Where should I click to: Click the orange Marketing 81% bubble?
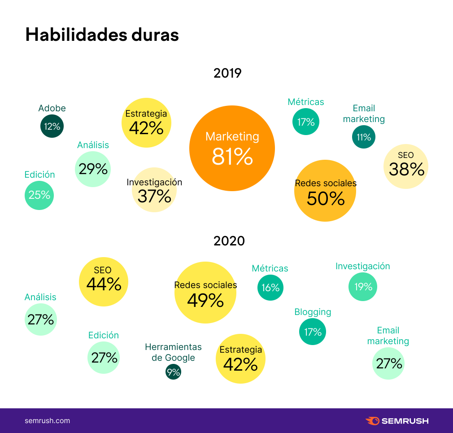coord(232,149)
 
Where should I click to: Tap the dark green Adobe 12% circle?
coord(52,126)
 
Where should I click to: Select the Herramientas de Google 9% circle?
coord(173,372)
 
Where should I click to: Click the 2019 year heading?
coord(227,73)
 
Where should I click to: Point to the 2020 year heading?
coord(229,241)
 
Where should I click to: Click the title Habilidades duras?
coord(102,35)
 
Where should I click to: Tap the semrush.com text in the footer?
coord(47,421)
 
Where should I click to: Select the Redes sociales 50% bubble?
coord(325,191)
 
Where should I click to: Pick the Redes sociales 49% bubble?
coord(205,293)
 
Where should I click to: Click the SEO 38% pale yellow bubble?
coord(406,166)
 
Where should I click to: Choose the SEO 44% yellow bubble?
coord(104,282)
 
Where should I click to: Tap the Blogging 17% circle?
coord(313,332)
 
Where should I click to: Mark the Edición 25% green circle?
coord(39,195)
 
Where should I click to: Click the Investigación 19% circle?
coord(363,286)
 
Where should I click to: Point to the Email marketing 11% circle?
coord(364,137)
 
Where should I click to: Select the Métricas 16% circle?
coord(270,288)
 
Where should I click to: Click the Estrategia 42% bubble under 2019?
coord(146,123)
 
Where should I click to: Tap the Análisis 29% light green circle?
coord(93,169)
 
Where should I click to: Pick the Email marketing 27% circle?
coord(388,363)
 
